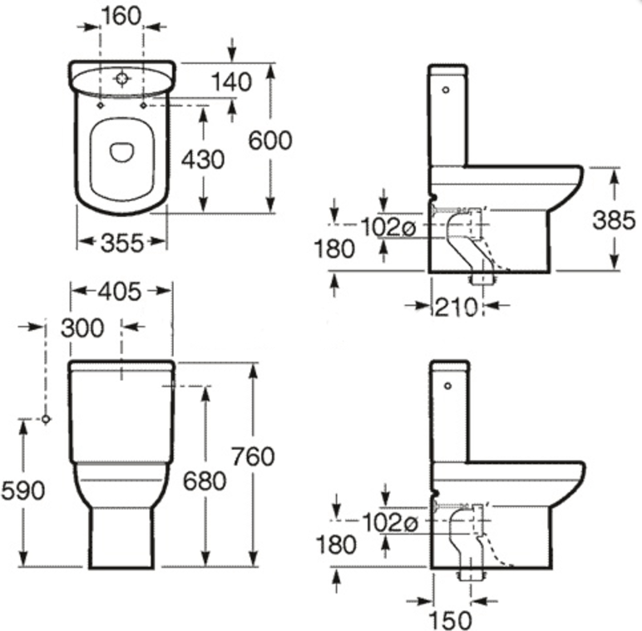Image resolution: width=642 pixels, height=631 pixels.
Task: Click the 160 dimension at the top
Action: pos(121,17)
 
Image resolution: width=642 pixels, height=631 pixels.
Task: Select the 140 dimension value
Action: pos(231,82)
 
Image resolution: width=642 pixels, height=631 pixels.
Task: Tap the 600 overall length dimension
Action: pos(270,140)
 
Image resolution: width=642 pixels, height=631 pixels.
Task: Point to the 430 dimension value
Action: pos(203,160)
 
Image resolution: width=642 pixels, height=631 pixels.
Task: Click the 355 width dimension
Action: pos(122,243)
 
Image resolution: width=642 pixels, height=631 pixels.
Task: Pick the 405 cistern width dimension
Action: pos(120,292)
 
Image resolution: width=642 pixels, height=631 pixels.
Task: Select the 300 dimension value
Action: pos(82,328)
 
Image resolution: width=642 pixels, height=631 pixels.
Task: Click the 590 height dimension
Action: pos(23,491)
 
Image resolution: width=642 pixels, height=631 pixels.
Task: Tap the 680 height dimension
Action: pos(205,481)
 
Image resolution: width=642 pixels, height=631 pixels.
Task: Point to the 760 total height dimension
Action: pos(253,456)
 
